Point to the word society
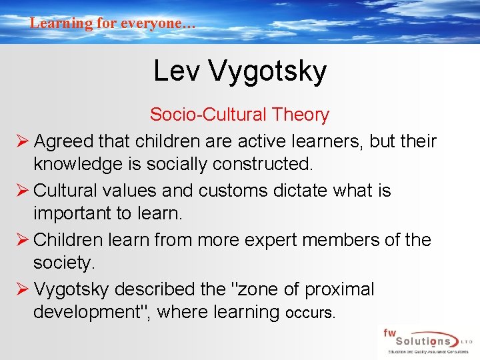point(64,263)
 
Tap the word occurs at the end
point(309,312)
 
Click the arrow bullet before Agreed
point(21,141)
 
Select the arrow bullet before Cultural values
point(21,191)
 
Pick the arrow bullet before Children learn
point(21,240)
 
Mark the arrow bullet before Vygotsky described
point(21,289)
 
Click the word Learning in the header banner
point(61,23)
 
